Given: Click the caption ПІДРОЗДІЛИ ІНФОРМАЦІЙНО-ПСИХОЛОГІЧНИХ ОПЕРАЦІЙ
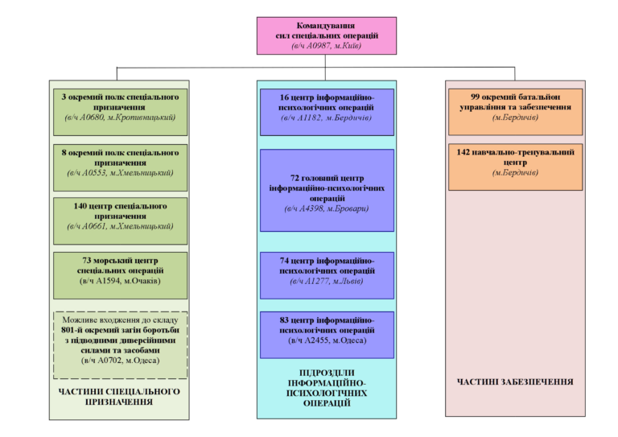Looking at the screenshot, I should pos(327,388).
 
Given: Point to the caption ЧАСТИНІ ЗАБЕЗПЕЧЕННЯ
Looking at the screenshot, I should pos(515,381).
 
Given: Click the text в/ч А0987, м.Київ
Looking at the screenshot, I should pos(327,47).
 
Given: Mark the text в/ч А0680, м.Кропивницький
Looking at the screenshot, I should pos(120,117).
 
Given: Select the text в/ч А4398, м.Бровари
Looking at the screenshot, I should pos(327,209).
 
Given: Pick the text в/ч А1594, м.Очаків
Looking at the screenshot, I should pos(120,281).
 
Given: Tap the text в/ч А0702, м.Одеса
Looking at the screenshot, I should pos(120,361).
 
